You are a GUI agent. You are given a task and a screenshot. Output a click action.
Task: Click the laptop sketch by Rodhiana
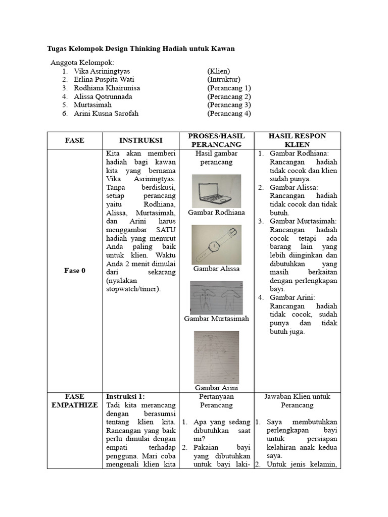[x=217, y=191]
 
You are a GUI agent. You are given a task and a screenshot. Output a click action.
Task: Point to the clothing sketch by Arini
[x=216, y=357]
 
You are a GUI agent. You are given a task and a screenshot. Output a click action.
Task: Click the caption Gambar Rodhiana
[x=216, y=213]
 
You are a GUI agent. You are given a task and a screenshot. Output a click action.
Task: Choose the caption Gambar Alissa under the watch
[x=216, y=269]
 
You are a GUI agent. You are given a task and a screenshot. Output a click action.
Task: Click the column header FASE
[x=74, y=140]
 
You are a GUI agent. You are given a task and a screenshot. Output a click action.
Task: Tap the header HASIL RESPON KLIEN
[x=297, y=140]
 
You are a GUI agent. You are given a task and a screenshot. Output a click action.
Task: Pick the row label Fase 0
[x=75, y=271]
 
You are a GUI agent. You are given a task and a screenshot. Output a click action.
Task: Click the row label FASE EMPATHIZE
[x=75, y=401]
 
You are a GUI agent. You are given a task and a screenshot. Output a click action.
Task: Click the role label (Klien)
[x=218, y=71]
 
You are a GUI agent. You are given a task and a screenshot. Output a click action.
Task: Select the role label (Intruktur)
[x=224, y=80]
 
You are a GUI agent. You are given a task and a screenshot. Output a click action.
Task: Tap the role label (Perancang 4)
[x=229, y=114]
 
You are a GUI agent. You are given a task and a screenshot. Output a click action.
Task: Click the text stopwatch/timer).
[x=132, y=289]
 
